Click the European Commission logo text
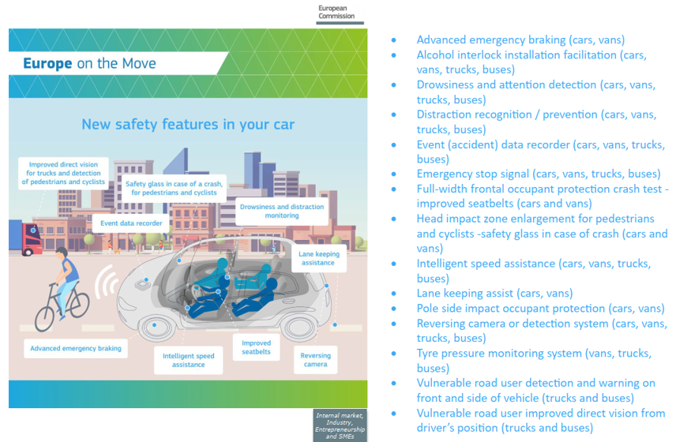tap(336, 12)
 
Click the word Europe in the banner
tap(47, 63)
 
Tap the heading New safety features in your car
tap(188, 125)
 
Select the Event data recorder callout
tap(131, 223)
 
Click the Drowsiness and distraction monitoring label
tap(282, 211)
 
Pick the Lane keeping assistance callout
tap(318, 258)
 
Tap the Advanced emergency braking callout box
tap(76, 348)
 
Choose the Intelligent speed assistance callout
tap(189, 360)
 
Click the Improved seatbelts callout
tap(256, 347)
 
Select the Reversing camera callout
tap(316, 360)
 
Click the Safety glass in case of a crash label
tap(175, 189)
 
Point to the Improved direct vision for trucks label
tap(63, 173)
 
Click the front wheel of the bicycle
tap(44, 318)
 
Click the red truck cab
tap(32, 239)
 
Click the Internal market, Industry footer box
tap(340, 425)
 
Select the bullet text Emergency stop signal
tap(539, 174)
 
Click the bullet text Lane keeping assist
tap(494, 294)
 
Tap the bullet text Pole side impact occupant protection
tap(541, 309)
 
